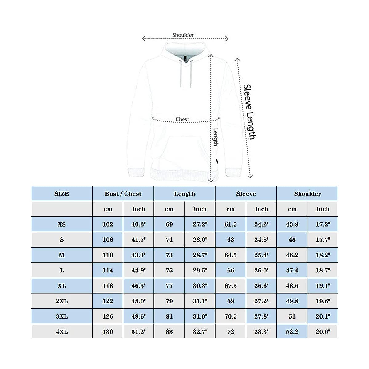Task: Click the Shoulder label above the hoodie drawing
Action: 183,35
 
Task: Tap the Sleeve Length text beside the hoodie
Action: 250,112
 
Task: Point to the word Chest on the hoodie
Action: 182,119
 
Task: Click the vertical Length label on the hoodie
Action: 216,137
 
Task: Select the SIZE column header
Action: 62,194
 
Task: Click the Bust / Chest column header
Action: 123,194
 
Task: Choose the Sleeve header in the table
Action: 246,194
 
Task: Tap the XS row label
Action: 62,224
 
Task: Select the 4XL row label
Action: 62,332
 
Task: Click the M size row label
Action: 62,255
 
